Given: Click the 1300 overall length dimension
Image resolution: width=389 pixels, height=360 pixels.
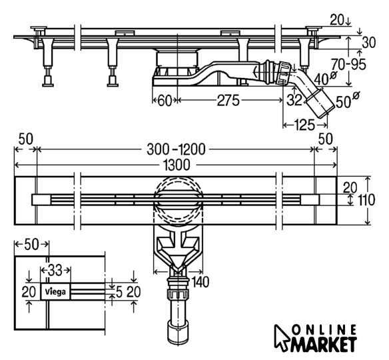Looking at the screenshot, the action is (177, 165).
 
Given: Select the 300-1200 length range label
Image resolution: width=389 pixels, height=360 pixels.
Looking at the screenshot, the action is (176, 149).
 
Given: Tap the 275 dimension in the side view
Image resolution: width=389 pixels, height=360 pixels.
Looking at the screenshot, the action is (228, 100).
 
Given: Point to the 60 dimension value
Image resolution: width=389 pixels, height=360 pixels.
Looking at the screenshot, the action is (165, 101).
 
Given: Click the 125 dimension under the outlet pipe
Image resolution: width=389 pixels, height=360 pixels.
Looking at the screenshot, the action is (304, 125).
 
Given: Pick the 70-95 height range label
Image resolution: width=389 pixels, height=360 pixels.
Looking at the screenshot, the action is (348, 65).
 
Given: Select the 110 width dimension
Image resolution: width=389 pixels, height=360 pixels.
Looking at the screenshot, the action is (366, 200).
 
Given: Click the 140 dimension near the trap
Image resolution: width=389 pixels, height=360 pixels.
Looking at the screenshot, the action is (200, 282).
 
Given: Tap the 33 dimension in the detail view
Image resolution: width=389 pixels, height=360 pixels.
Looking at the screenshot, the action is (55, 270).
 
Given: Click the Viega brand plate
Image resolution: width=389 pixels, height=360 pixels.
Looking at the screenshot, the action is (55, 291).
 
